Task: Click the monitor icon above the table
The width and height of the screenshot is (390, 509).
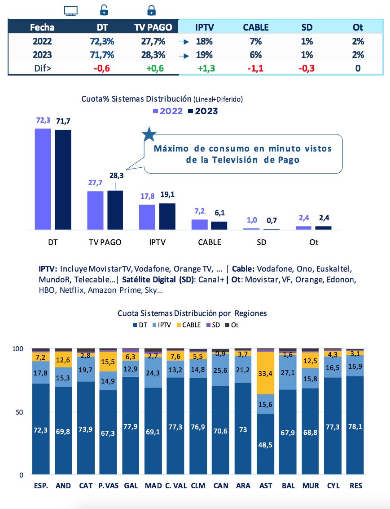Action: [x=71, y=11]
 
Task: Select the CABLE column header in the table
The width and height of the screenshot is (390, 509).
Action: [x=255, y=27]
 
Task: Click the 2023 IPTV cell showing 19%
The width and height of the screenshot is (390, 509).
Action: [x=205, y=55]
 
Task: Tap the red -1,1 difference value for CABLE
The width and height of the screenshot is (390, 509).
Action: [x=255, y=69]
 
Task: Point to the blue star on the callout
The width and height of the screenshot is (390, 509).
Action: [x=149, y=134]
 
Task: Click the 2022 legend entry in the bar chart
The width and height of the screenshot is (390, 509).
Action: [x=168, y=111]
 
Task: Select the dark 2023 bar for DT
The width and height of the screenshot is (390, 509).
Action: [x=63, y=179]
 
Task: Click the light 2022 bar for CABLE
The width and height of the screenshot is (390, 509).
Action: [x=200, y=224]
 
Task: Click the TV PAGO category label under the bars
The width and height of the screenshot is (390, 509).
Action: [x=105, y=242]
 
